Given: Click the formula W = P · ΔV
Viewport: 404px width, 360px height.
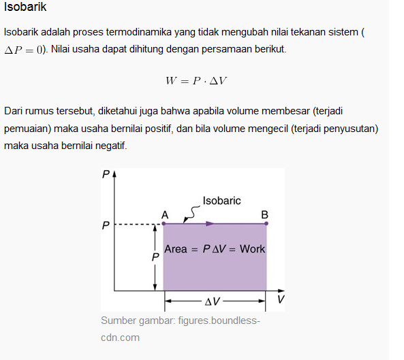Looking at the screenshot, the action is (x=196, y=80).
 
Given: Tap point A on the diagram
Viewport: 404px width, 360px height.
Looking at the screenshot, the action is (x=164, y=223).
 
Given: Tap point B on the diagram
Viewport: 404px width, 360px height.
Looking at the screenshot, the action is (x=266, y=223).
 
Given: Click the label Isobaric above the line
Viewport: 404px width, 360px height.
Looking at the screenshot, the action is (x=221, y=201).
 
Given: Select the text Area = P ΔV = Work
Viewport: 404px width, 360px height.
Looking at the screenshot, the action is (x=215, y=249).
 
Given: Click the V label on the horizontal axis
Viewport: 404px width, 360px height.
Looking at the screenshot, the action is (x=281, y=299).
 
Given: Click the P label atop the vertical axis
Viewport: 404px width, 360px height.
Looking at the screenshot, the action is (x=106, y=174).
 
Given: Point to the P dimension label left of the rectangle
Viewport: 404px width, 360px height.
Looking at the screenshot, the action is (x=155, y=258).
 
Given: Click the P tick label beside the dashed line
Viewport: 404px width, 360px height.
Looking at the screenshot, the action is (x=106, y=225).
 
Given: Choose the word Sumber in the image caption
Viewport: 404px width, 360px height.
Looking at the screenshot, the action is (x=118, y=321).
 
